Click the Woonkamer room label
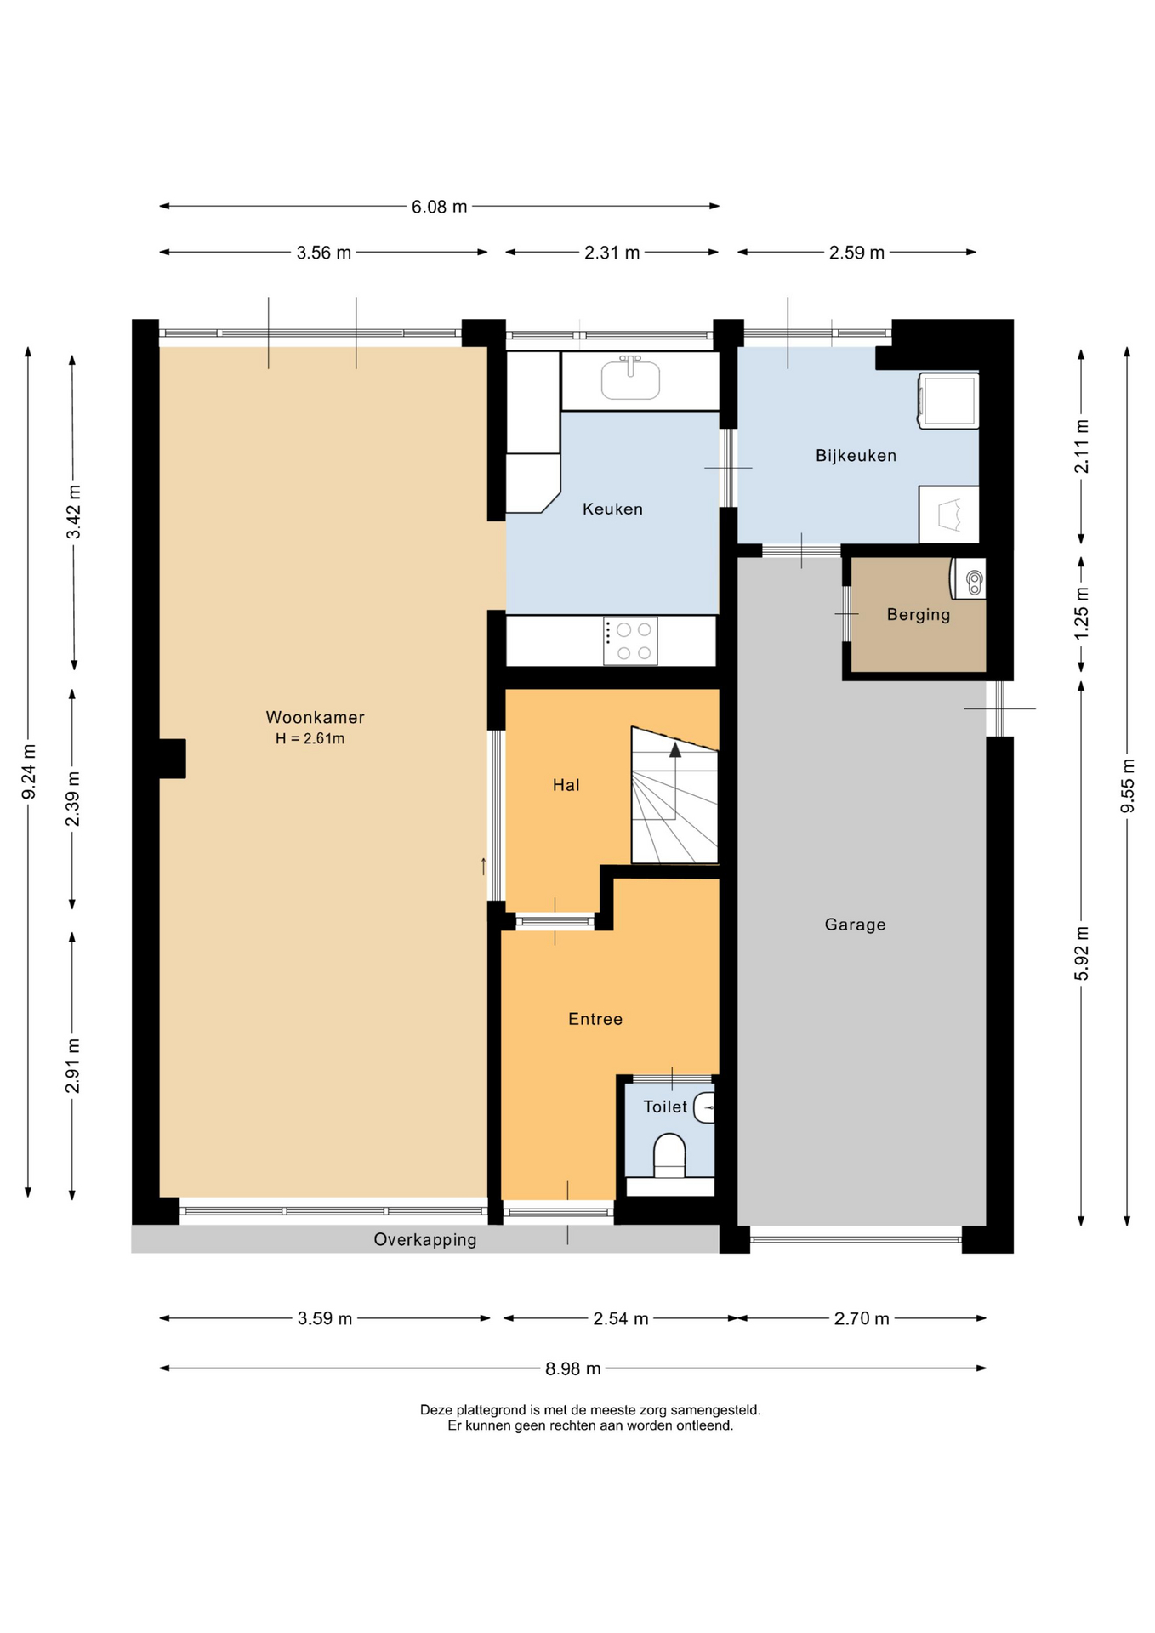click(x=315, y=717)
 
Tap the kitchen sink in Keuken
click(x=630, y=378)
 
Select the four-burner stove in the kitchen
click(x=630, y=641)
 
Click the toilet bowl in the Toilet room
click(x=669, y=1155)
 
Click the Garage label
click(x=855, y=925)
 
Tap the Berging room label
click(x=919, y=615)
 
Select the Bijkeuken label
click(x=856, y=456)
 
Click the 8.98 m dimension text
click(x=573, y=1368)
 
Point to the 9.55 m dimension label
click(x=1128, y=785)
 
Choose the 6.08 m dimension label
click(x=440, y=207)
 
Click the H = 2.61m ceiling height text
click(x=310, y=738)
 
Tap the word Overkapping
click(x=425, y=1240)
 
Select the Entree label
click(x=595, y=1019)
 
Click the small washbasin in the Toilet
click(x=704, y=1107)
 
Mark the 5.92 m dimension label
click(x=1082, y=953)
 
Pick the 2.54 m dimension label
click(x=621, y=1318)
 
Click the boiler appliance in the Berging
click(x=969, y=578)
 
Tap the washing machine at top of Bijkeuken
click(x=948, y=401)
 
